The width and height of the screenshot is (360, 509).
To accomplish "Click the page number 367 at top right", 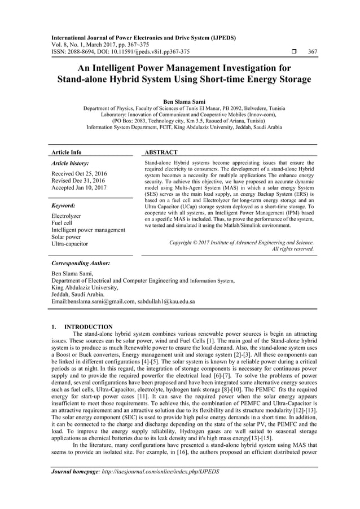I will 312,52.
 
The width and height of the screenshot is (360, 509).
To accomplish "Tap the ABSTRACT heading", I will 161,152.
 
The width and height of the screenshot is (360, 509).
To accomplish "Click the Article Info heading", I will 67,152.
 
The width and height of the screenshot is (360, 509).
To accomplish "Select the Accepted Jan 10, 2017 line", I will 78,188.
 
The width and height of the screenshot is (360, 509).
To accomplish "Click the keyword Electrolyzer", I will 67,216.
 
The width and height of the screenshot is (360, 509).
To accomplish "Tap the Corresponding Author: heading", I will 80,264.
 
